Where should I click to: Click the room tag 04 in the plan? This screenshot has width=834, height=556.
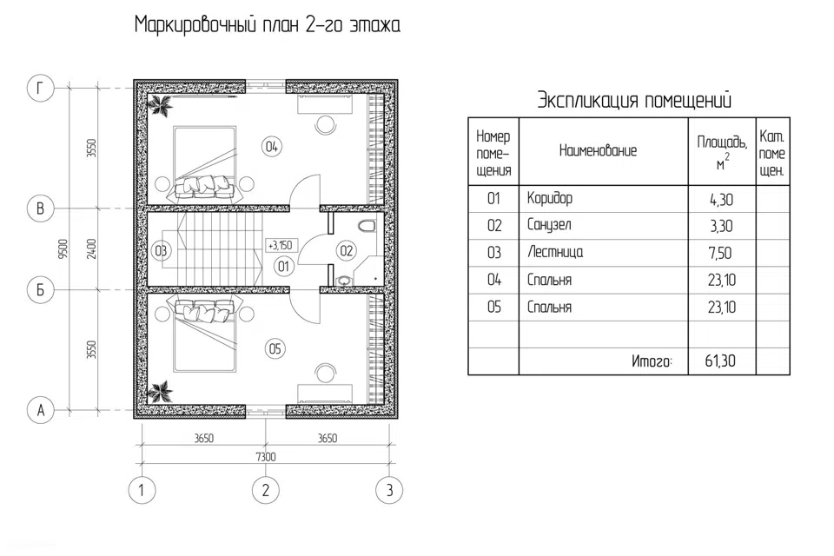[x=271, y=146]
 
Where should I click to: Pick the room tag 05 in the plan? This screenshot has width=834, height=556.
[x=275, y=349]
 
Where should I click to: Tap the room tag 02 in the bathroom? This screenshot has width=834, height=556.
[x=347, y=250]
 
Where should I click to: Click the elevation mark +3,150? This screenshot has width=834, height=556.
[x=281, y=245]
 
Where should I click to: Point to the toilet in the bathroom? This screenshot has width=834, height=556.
[x=367, y=226]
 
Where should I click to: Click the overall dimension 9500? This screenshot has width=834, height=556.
[x=63, y=248]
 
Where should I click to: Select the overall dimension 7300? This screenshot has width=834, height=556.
[x=266, y=457]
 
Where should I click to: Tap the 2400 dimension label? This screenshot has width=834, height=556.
[x=91, y=248]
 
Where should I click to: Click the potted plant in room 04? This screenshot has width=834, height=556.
[x=160, y=105]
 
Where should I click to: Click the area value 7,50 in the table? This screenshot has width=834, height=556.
[x=720, y=254]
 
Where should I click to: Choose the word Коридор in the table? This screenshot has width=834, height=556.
[x=550, y=198]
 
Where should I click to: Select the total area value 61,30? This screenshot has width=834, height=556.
[x=720, y=361]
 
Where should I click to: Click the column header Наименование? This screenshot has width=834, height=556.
[x=598, y=150]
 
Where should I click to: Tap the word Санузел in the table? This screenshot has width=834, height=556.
[x=549, y=225]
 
